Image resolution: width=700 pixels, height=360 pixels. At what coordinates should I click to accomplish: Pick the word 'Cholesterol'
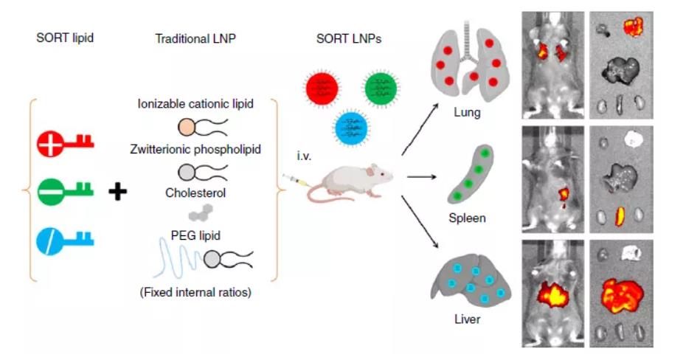(x=195, y=194)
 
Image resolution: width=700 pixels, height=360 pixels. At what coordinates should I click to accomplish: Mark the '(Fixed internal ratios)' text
(x=195, y=292)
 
